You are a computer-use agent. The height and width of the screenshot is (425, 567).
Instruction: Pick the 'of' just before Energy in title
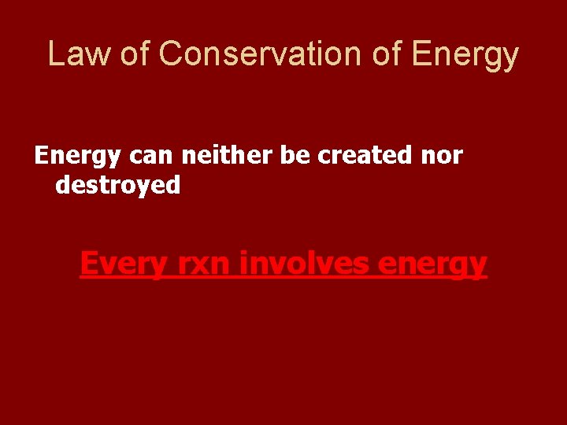click(390, 54)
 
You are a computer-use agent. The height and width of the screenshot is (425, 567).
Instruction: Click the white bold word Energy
click(77, 157)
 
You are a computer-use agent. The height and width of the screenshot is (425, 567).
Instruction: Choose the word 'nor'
click(441, 157)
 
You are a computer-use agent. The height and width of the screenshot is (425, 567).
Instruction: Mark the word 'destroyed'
click(118, 186)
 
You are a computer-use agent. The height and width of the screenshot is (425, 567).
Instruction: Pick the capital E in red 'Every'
click(90, 262)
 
